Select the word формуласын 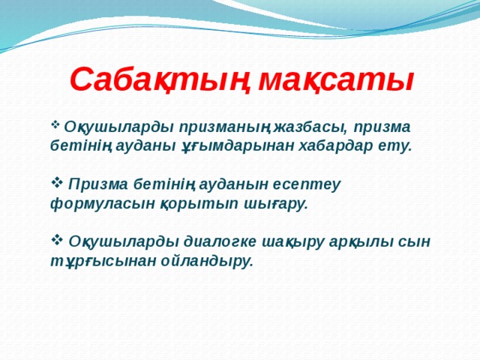[x=89, y=203]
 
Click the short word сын [x=418, y=241]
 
